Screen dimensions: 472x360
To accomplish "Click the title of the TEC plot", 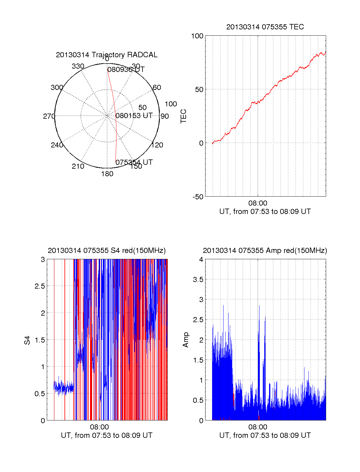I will tap(265, 27).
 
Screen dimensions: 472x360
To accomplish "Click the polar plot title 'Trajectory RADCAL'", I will tap(106, 55).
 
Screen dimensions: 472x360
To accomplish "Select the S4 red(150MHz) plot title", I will tap(106, 251).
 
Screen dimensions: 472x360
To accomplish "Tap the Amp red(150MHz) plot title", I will tap(265, 251).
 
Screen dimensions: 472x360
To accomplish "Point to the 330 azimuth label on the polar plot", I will tap(78, 66).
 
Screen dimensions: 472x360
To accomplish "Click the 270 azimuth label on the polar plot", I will tap(49, 116).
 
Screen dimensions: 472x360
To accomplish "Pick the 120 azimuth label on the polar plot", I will tap(157, 145).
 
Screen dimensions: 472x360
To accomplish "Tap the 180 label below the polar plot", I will tap(107, 174).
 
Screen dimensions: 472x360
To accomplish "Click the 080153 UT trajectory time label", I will tap(134, 116).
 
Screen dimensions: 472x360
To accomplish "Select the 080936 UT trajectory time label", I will tap(126, 70).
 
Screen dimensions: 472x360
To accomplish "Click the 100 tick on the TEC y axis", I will tap(197, 36).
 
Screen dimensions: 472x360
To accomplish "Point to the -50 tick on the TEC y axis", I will tap(198, 197).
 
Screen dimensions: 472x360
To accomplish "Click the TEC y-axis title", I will tap(183, 116).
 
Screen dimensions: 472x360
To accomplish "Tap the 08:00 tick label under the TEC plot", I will tap(258, 203).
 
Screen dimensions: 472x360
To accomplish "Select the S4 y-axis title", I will tap(27, 340).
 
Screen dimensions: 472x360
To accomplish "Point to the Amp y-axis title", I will tap(186, 340).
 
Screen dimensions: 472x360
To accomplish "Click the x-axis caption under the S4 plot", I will tap(106, 435).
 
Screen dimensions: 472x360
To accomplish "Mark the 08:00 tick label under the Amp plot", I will tap(258, 427).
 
